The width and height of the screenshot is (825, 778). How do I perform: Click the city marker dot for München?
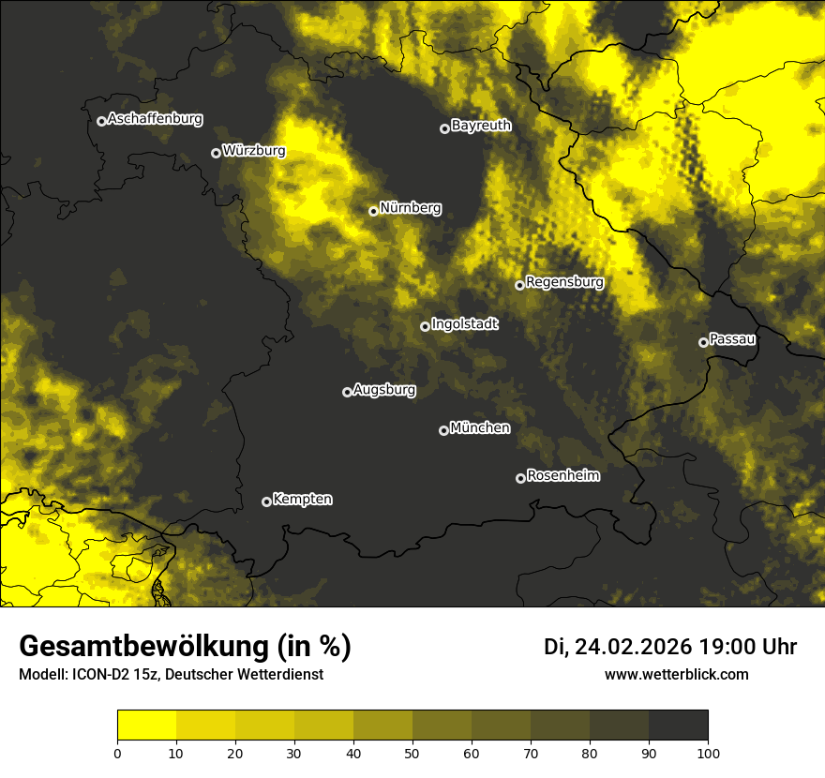444,430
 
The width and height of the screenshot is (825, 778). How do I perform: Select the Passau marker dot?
703,342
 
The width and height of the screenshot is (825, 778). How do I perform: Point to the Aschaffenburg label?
155,119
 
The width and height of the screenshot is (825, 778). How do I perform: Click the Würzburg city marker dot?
216,153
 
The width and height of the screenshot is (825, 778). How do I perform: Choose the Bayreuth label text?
481,126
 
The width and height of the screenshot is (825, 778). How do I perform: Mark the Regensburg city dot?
519,285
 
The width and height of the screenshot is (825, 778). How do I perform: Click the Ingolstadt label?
465,324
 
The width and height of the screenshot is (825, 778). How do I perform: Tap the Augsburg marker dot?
347,392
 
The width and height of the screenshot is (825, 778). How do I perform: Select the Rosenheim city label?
562,476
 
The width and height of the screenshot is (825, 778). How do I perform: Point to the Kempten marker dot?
266,501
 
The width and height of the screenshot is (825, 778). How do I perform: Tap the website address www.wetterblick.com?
676,674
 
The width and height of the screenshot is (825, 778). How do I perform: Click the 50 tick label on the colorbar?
412,753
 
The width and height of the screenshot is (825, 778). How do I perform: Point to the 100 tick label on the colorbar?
707,753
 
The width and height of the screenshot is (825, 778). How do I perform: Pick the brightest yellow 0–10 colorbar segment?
146,726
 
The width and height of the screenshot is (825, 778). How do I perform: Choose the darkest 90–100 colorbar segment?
678,726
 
